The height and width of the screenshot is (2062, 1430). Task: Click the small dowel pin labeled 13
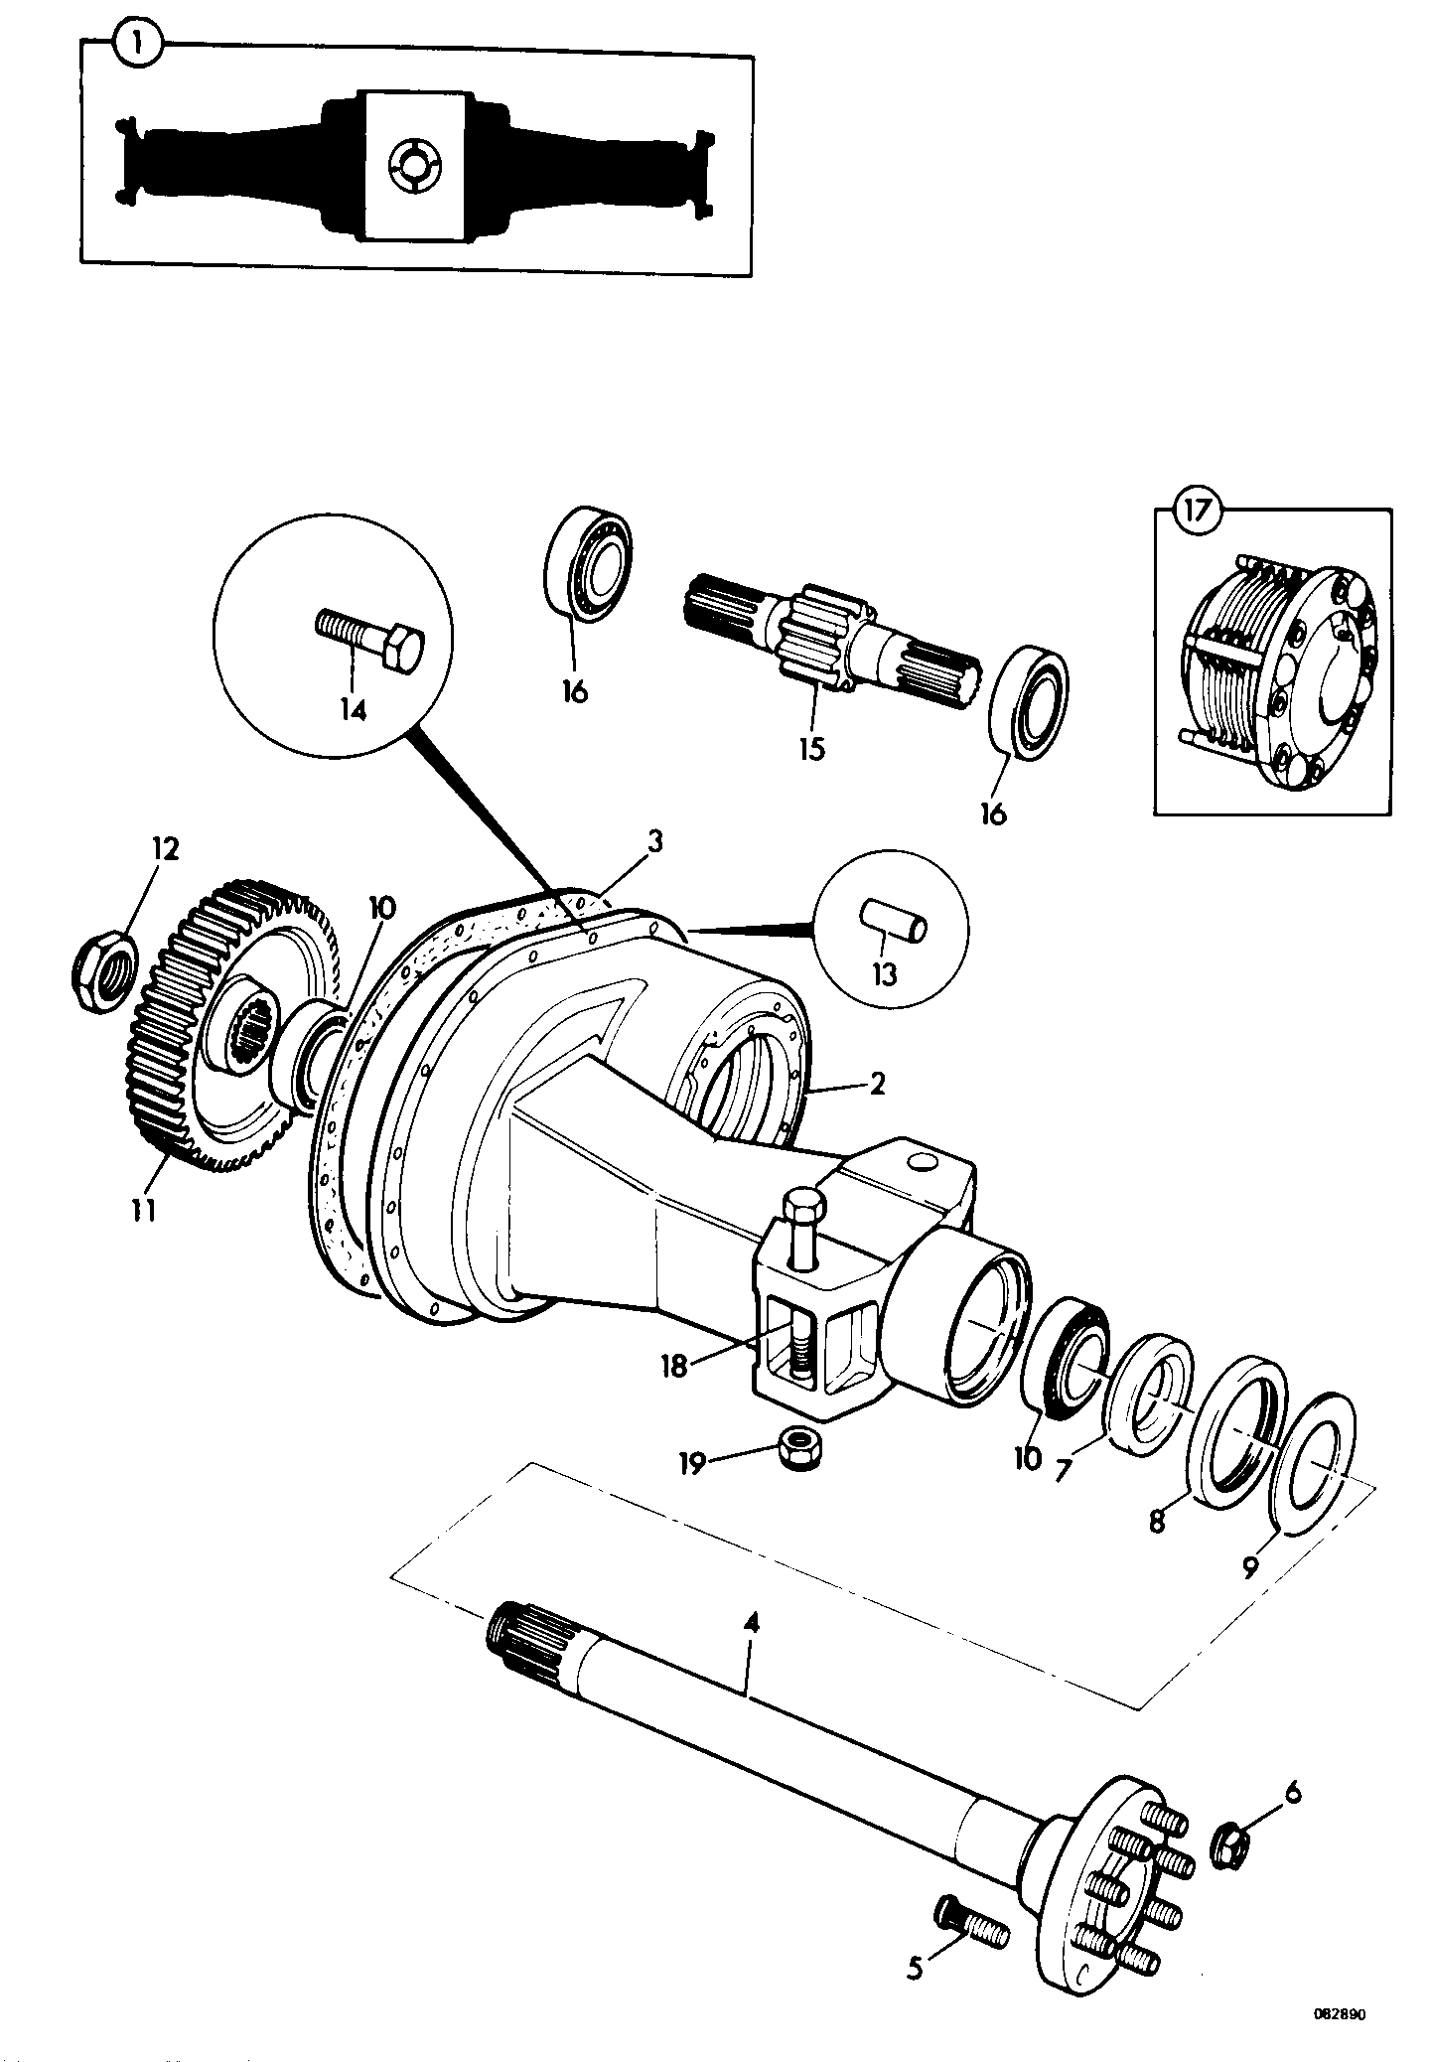click(x=893, y=919)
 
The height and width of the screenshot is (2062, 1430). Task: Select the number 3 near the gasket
click(x=654, y=841)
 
